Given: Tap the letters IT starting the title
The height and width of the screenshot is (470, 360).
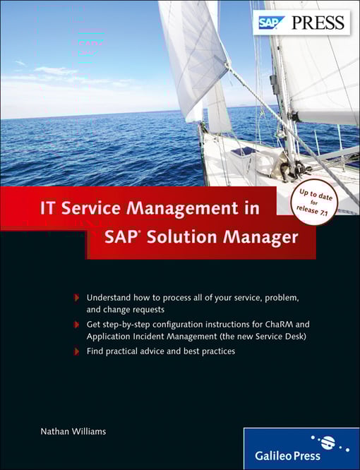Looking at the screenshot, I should point(47,209).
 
